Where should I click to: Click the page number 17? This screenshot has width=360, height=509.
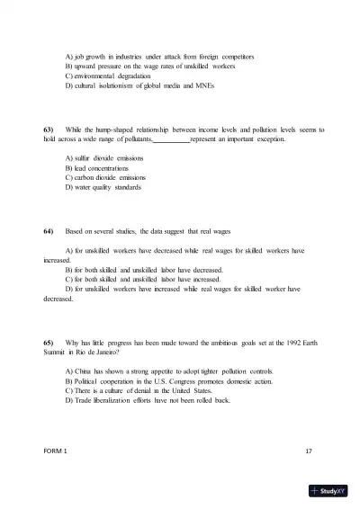pyautogui.click(x=309, y=448)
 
